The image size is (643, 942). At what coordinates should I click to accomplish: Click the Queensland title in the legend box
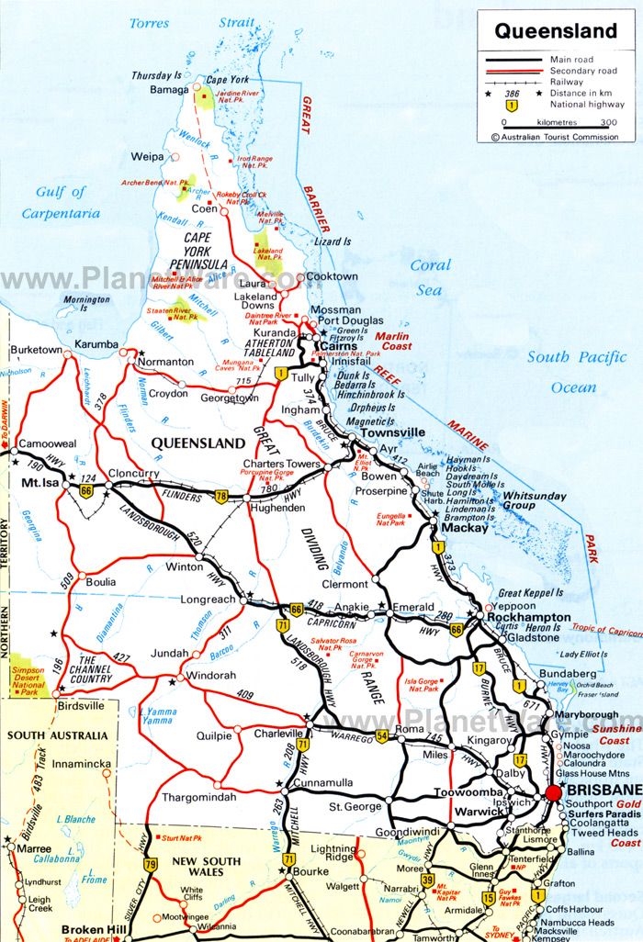click(x=556, y=30)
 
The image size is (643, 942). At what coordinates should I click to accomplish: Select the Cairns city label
click(x=338, y=345)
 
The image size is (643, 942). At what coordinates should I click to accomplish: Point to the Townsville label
click(x=392, y=432)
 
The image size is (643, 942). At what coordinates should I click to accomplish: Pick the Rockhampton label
click(x=528, y=617)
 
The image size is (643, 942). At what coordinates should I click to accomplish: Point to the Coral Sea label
click(x=430, y=277)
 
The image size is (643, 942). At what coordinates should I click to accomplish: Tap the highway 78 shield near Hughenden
click(x=221, y=497)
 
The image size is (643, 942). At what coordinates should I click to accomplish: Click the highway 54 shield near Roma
click(x=382, y=736)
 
